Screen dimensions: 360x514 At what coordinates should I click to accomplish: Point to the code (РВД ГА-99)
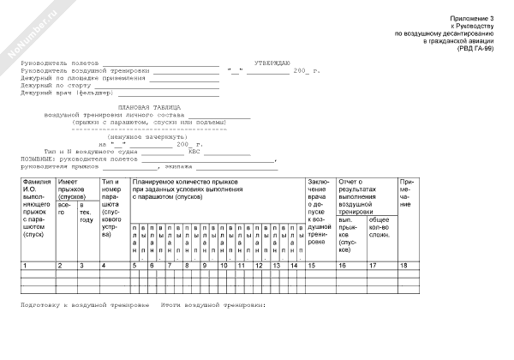(476, 47)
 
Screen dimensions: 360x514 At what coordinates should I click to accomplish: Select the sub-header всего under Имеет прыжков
(65, 209)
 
